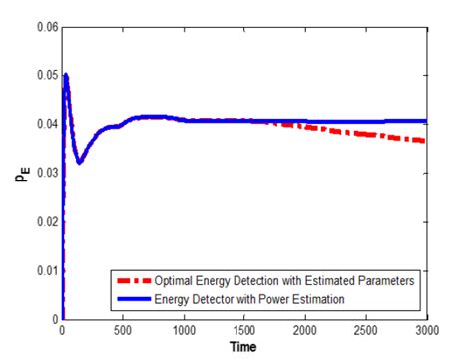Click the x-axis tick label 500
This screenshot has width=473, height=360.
123,330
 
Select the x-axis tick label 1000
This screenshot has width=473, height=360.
184,330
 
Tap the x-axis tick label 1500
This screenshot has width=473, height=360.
244,330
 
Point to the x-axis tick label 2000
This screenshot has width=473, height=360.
305,330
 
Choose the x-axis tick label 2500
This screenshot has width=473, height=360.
366,330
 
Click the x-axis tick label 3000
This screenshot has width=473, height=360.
426,330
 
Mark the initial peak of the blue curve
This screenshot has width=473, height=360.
66,75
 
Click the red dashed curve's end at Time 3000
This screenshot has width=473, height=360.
426,141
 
